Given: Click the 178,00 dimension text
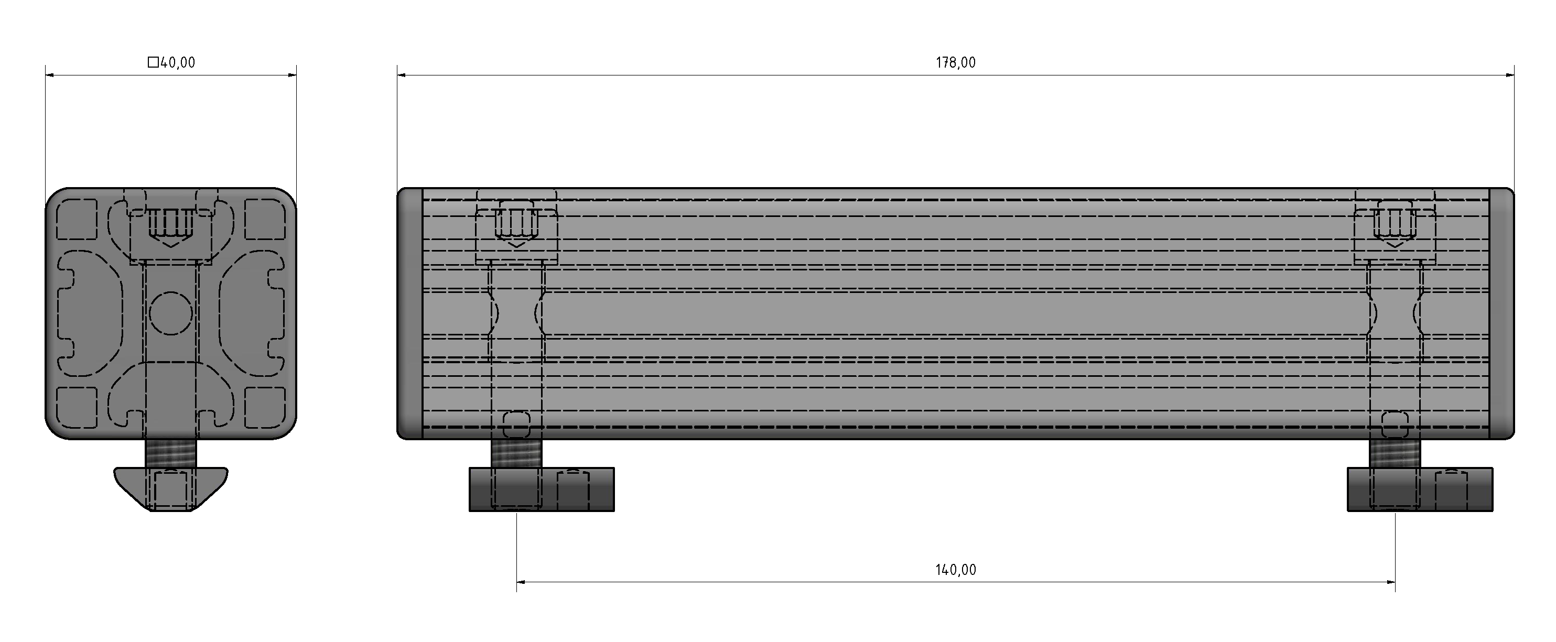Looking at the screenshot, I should tap(956, 63).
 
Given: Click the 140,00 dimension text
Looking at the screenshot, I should tap(956, 570).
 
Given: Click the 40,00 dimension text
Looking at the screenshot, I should tap(178, 63).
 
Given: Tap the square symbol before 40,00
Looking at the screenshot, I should tap(154, 62).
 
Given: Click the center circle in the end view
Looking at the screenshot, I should tap(171, 313).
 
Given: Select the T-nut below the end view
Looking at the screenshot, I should tap(171, 488).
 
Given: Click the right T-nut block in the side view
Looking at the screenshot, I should tap(1420, 489).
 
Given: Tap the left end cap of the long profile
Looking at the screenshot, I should tap(409, 313).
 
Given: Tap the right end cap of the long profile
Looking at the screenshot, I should tap(1501, 313).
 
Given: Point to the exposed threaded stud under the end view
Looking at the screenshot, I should tap(171, 453).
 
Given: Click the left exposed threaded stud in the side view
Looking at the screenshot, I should tap(516, 453).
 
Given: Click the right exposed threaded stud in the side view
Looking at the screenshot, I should tap(1395, 453).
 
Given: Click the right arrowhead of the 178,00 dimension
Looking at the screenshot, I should tap(1510, 75).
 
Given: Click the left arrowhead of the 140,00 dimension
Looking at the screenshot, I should tap(521, 582).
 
